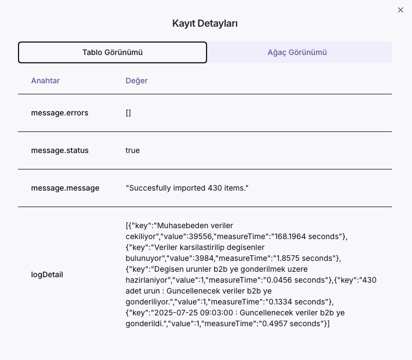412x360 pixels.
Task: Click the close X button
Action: (401, 10)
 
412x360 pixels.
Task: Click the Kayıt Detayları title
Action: (205, 23)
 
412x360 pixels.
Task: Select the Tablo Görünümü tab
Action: (112, 52)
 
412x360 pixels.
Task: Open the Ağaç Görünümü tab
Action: (297, 52)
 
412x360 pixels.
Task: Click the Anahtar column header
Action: (45, 81)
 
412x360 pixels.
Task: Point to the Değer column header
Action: (137, 81)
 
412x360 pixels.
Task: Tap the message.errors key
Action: (59, 113)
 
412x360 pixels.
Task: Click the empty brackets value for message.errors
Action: (128, 113)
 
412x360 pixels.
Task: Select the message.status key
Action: (59, 150)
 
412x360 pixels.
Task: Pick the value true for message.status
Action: (132, 150)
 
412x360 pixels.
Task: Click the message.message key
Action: (65, 188)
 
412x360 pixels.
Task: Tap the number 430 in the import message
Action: (214, 188)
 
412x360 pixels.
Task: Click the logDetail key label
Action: (47, 274)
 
